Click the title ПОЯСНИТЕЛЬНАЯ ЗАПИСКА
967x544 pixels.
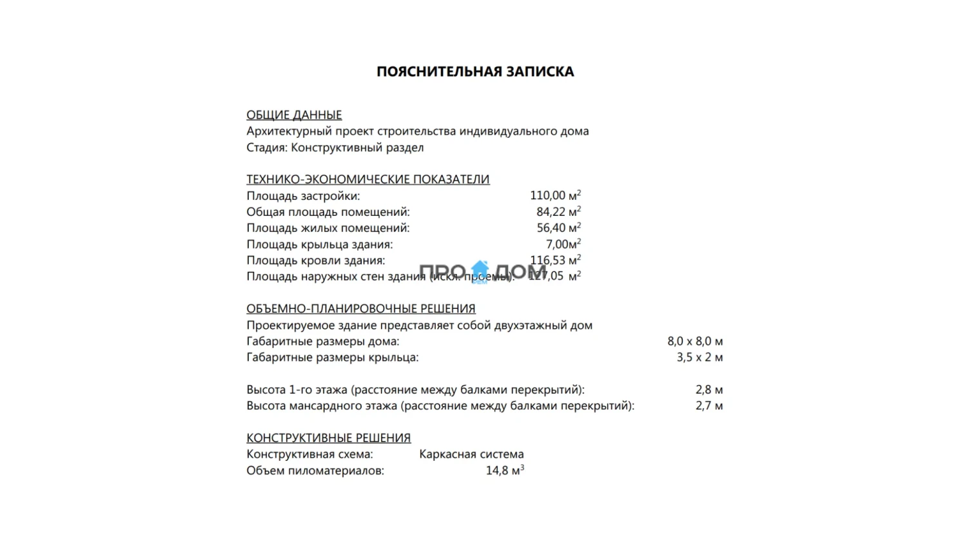point(475,72)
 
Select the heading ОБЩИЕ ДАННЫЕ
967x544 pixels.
point(294,115)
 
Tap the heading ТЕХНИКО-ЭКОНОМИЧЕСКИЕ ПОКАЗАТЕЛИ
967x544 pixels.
point(367,179)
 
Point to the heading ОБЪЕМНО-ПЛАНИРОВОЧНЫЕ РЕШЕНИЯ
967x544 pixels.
point(360,309)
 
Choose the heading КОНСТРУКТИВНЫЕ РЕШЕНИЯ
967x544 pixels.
point(328,438)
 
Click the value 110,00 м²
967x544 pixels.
point(555,195)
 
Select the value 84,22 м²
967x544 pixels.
point(558,211)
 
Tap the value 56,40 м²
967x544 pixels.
point(558,228)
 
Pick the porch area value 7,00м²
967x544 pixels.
point(563,244)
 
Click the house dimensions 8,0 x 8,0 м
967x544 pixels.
point(695,341)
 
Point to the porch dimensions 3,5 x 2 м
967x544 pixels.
point(699,357)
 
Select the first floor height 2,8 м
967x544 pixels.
point(709,389)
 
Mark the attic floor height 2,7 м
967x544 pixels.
point(709,405)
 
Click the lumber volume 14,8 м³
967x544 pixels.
point(505,471)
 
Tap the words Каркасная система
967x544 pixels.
point(471,454)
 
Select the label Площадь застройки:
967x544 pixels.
point(303,196)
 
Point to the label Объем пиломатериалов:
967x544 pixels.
point(315,471)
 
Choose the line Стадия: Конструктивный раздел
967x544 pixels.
point(335,148)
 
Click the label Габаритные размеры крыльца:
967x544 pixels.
point(332,357)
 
